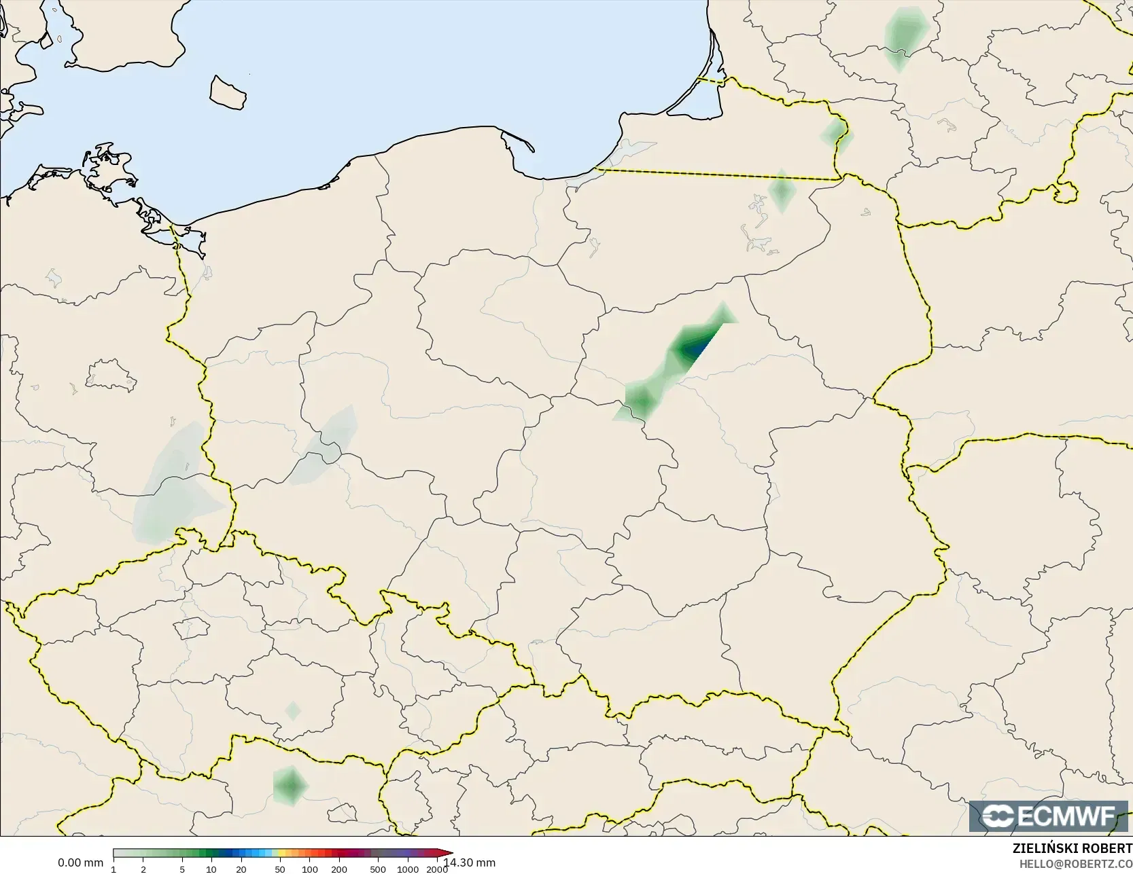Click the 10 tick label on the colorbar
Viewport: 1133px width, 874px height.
pyautogui.click(x=211, y=869)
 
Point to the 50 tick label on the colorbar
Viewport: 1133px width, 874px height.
pyautogui.click(x=280, y=869)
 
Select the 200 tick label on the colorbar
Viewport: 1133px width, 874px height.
pyautogui.click(x=339, y=869)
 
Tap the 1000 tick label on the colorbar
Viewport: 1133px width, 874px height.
pyautogui.click(x=408, y=869)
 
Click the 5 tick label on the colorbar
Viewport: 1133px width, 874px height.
pyautogui.click(x=182, y=869)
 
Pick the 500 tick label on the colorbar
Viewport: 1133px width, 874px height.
pyautogui.click(x=378, y=869)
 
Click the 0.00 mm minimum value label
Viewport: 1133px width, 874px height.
pyautogui.click(x=80, y=863)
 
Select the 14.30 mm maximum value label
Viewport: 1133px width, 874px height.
pyautogui.click(x=470, y=863)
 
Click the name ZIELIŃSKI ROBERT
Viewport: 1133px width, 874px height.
pyautogui.click(x=1072, y=849)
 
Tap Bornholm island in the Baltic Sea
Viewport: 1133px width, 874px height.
pyautogui.click(x=227, y=92)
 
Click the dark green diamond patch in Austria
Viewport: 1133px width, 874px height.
pyautogui.click(x=291, y=786)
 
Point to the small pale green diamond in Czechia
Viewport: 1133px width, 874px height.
pyautogui.click(x=293, y=711)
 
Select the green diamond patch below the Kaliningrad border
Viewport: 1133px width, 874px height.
pyautogui.click(x=782, y=192)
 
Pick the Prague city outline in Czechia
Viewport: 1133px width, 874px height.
pyautogui.click(x=191, y=627)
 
